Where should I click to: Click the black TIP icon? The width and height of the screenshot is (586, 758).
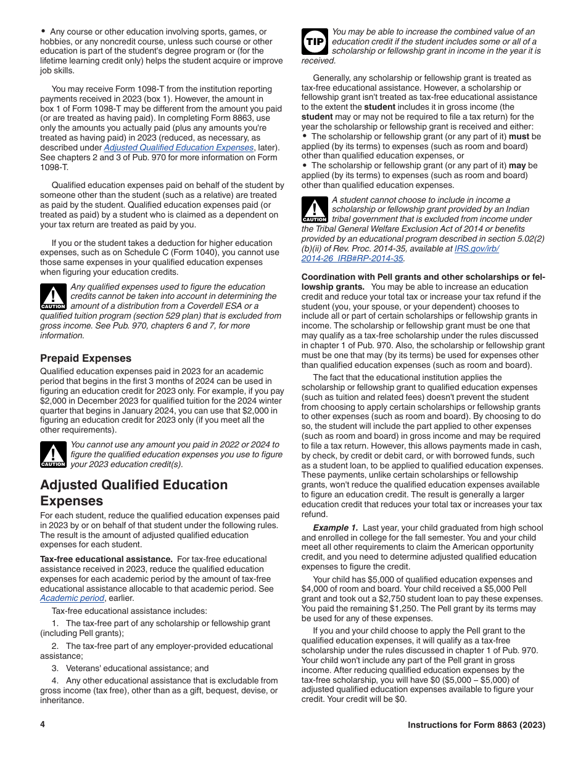(x=315, y=41)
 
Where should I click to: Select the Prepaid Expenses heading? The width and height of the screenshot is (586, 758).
(x=86, y=358)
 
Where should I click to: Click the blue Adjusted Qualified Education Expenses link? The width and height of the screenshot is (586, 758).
(x=178, y=147)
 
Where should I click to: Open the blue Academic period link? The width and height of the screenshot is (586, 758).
(x=72, y=598)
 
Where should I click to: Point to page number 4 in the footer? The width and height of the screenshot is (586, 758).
(x=43, y=725)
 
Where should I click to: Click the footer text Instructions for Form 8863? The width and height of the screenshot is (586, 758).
(x=476, y=725)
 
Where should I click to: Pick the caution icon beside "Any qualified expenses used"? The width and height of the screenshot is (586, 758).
(x=53, y=297)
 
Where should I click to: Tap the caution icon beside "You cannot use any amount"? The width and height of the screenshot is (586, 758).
(x=53, y=455)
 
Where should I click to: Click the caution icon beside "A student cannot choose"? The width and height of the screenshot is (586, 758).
(x=315, y=210)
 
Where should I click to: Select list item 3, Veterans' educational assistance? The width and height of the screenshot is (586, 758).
(x=131, y=668)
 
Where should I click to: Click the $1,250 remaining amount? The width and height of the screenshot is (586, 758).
(x=400, y=609)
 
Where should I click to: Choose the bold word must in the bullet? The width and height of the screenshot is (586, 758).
(x=519, y=136)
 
